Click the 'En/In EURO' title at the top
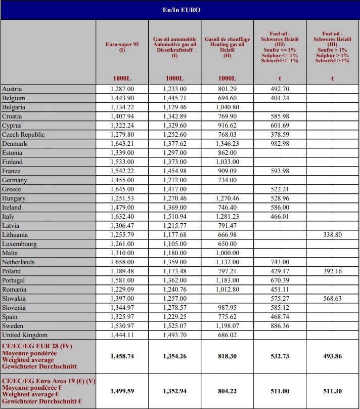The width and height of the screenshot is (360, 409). pyautogui.click(x=179, y=10)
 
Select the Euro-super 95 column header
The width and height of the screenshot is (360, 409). pyautogui.click(x=122, y=47)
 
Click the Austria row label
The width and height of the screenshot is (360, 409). pyautogui.click(x=12, y=89)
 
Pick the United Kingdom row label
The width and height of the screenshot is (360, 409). pyautogui.click(x=25, y=335)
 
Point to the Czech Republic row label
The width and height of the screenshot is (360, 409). pyautogui.click(x=23, y=135)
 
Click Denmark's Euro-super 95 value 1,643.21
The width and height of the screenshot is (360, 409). pyautogui.click(x=122, y=144)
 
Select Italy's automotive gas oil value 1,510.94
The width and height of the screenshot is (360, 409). pyautogui.click(x=174, y=217)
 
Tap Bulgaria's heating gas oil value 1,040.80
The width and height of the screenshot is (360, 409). pyautogui.click(x=227, y=107)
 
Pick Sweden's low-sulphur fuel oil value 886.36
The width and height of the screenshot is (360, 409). pyautogui.click(x=280, y=326)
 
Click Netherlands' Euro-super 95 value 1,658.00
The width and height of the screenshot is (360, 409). pyautogui.click(x=122, y=262)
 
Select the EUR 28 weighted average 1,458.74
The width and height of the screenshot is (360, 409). pyautogui.click(x=122, y=356)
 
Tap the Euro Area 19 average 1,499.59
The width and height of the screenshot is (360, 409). pyautogui.click(x=122, y=391)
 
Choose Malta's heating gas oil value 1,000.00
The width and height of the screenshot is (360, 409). pyautogui.click(x=227, y=253)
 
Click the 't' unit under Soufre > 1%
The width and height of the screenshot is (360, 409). pyautogui.click(x=332, y=78)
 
